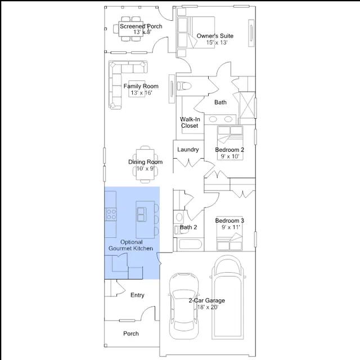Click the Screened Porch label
click(141, 26)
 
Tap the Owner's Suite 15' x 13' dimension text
click(217, 43)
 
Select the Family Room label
click(141, 86)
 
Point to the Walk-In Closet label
click(190, 123)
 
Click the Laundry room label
click(188, 150)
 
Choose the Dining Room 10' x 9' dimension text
click(146, 169)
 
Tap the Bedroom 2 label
click(229, 150)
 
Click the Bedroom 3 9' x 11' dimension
click(231, 227)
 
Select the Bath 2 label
click(188, 227)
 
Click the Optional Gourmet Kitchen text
click(131, 245)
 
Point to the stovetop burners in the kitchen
click(111, 214)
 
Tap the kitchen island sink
click(141, 214)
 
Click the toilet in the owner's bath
click(184, 86)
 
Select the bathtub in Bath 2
click(190, 244)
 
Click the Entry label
click(137, 295)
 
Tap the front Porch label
click(131, 334)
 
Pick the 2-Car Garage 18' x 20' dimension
click(208, 307)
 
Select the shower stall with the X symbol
click(247, 105)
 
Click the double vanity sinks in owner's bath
click(220, 119)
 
